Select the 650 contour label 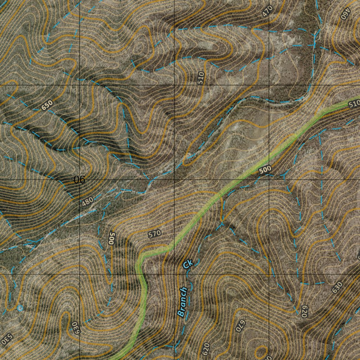[x=47, y=105]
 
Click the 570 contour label [x=154, y=233]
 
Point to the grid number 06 [x=80, y=180]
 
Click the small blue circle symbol [x=20, y=308]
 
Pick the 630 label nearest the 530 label [x=75, y=328]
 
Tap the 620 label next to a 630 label [x=304, y=311]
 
